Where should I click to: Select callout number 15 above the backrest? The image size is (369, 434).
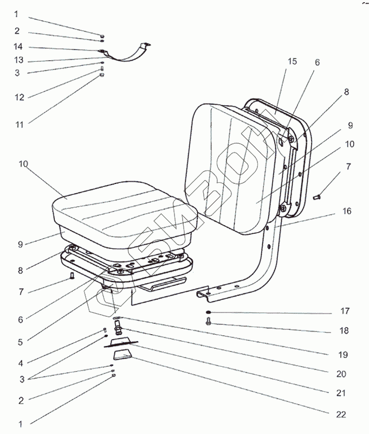(x=292, y=61)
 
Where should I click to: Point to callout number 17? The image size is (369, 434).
(x=345, y=311)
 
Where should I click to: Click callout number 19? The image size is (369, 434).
(x=342, y=355)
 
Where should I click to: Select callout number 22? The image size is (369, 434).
(x=341, y=414)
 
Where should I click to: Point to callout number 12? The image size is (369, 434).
(x=20, y=98)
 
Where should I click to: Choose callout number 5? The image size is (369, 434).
(x=20, y=342)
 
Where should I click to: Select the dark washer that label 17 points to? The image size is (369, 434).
(x=209, y=312)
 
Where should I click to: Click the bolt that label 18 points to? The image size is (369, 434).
(x=209, y=322)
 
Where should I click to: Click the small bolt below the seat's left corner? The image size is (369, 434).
(x=72, y=277)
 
